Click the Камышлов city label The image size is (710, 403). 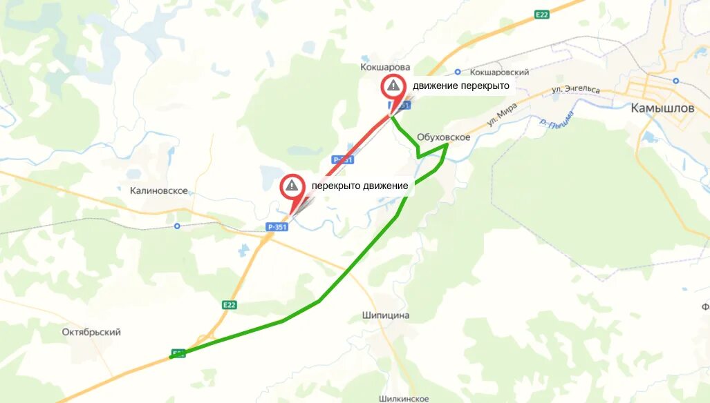pyautogui.click(x=662, y=108)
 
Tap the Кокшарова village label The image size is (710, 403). pyautogui.click(x=385, y=67)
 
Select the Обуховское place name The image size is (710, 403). pyautogui.click(x=444, y=137)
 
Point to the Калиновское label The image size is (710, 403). pyautogui.click(x=159, y=190)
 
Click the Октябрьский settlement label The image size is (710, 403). pyautogui.click(x=91, y=332)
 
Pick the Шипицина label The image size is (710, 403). pyautogui.click(x=386, y=315)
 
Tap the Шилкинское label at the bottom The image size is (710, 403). pyautogui.click(x=404, y=398)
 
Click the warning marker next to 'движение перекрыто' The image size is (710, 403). pyautogui.click(x=393, y=86)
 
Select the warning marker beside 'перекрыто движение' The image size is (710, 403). pyautogui.click(x=292, y=185)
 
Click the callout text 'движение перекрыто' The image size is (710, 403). pyautogui.click(x=460, y=86)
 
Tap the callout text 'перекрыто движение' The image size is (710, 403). pyautogui.click(x=359, y=186)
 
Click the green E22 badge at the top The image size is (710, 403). pyautogui.click(x=542, y=14)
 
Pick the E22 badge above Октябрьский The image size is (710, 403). pyautogui.click(x=230, y=304)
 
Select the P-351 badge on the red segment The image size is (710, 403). pyautogui.click(x=342, y=159)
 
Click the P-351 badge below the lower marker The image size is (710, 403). pyautogui.click(x=276, y=226)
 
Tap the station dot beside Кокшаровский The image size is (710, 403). pyautogui.click(x=458, y=72)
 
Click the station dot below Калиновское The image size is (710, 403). pyautogui.click(x=177, y=226)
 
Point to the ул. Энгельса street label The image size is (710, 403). pyautogui.click(x=575, y=90)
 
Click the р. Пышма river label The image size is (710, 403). pyautogui.click(x=557, y=122)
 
